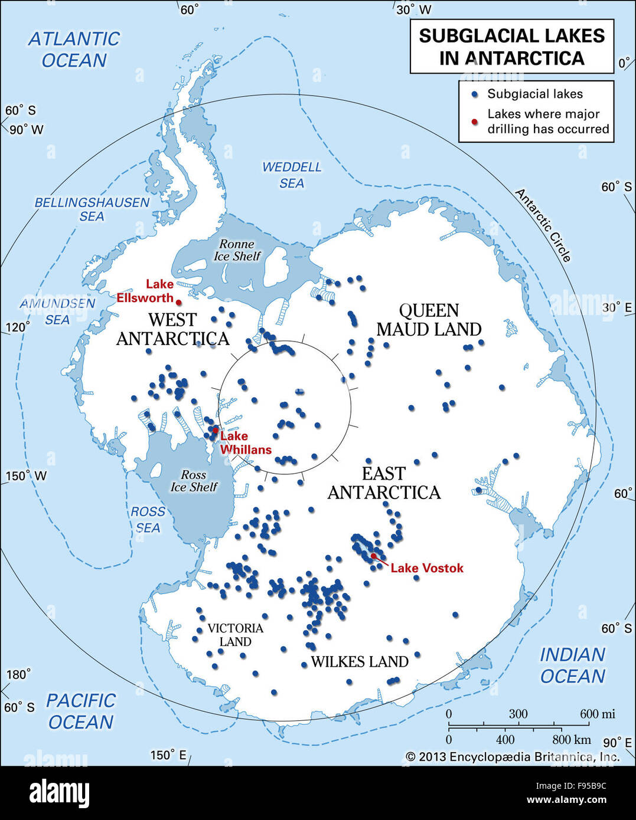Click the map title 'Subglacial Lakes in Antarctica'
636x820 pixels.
(511, 47)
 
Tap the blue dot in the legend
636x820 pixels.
(474, 94)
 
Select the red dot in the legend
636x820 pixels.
(474, 122)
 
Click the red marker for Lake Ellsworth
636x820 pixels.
(178, 303)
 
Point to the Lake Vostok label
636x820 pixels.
(426, 568)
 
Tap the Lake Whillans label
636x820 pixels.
(245, 443)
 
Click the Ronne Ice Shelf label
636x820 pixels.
(237, 250)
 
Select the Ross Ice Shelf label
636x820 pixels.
(194, 481)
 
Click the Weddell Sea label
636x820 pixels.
(292, 175)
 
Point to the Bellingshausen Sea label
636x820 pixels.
(92, 209)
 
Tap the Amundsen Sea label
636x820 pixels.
(57, 311)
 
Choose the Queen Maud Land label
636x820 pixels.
(429, 320)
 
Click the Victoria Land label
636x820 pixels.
(235, 635)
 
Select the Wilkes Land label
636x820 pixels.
(360, 662)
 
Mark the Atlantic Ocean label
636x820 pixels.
(74, 50)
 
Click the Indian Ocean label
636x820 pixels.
(572, 665)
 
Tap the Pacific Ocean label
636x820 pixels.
(80, 711)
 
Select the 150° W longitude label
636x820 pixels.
(26, 476)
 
